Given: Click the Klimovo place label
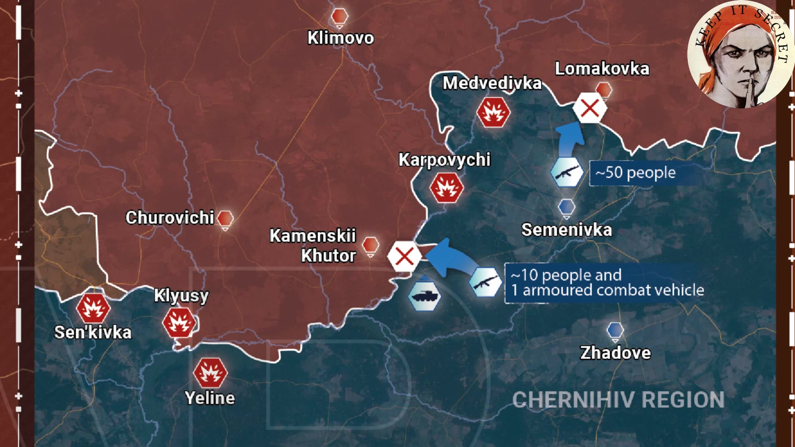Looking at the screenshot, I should (x=340, y=38).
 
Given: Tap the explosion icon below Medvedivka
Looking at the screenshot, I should (x=493, y=112).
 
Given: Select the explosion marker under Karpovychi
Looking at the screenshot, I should (x=446, y=187).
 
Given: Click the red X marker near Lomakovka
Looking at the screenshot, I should (x=590, y=108).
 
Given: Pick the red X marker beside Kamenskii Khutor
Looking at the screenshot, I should (x=404, y=256).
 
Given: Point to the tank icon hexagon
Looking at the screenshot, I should (x=424, y=296).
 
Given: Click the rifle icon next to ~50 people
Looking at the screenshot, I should (x=567, y=172).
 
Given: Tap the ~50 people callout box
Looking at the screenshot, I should (x=636, y=173).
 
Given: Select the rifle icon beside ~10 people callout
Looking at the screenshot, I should (x=485, y=282).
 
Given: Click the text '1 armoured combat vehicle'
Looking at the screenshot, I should (x=607, y=290).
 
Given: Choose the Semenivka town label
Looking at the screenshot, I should (x=566, y=230).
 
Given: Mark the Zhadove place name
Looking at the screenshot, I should (x=615, y=353).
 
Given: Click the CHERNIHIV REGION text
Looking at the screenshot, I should (x=618, y=400).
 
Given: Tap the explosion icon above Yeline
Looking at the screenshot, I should (x=210, y=372).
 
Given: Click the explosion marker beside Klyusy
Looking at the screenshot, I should (x=179, y=322).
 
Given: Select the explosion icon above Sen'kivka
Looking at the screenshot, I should (x=93, y=308).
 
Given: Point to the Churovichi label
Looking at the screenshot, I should (x=170, y=218).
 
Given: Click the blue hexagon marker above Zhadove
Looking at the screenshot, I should (x=615, y=330).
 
